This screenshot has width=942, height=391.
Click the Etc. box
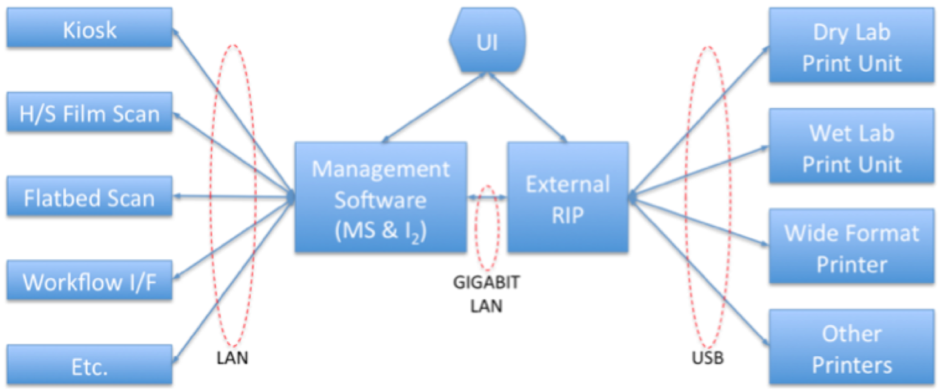pyautogui.click(x=90, y=366)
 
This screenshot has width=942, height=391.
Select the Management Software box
pyautogui.click(x=381, y=197)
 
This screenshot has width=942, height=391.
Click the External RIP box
pyautogui.click(x=568, y=197)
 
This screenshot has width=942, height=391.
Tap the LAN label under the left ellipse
pyautogui.click(x=232, y=357)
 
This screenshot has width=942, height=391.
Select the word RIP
pyautogui.click(x=568, y=214)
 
